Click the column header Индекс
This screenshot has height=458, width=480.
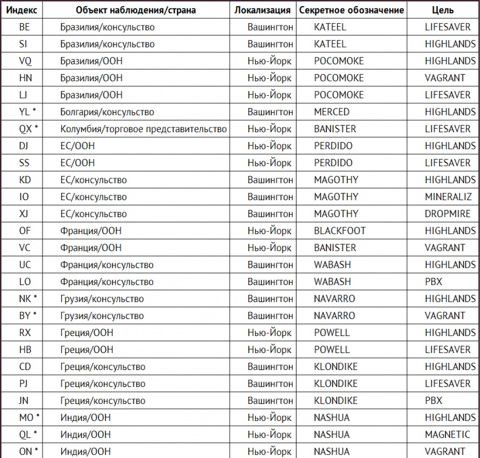pos(25,10)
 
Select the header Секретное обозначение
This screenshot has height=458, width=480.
pos(351,10)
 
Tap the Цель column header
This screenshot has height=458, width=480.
pos(442,10)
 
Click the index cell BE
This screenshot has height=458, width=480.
pos(25,27)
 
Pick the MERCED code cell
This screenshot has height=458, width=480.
pos(332,112)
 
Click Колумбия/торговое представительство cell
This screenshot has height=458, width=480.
pos(143,129)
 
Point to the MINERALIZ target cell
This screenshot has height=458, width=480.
pos(450,197)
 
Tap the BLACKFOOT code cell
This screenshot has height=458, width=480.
pos(340,231)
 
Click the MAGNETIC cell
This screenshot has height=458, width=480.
pos(447,435)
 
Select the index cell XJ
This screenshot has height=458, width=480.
pos(25,214)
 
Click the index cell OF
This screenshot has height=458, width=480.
pos(25,231)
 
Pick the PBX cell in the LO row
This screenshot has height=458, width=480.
pos(434,282)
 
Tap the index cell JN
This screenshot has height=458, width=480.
pos(24,401)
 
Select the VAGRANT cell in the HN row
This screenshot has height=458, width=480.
pos(445,78)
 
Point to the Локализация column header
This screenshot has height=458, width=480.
pos(262,10)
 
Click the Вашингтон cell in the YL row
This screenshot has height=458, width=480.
pos(270,112)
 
